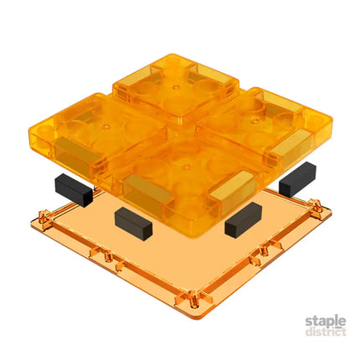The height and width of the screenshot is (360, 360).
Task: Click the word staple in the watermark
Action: [326, 321]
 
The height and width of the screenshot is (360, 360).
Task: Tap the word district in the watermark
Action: [326, 332]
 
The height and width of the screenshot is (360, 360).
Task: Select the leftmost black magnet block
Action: [74, 190]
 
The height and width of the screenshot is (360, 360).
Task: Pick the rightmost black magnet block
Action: [297, 179]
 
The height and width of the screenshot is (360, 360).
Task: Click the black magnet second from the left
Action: [133, 224]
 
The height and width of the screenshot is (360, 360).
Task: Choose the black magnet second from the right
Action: [244, 219]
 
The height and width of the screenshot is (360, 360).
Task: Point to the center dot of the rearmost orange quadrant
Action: [175, 87]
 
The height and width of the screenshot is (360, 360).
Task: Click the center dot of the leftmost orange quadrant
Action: [105, 126]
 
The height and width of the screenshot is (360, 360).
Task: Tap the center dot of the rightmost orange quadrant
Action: [254, 121]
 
